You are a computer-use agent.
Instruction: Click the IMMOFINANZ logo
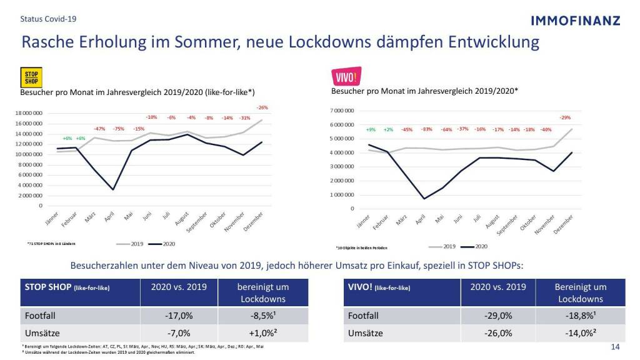click(575, 20)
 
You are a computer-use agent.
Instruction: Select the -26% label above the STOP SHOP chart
click(262, 107)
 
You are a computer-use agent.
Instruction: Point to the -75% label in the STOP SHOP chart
click(119, 129)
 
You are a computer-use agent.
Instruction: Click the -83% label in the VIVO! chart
click(427, 129)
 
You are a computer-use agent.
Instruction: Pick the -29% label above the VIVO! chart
click(565, 117)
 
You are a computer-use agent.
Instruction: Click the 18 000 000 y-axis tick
click(29, 113)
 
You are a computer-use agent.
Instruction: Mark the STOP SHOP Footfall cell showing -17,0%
click(176, 316)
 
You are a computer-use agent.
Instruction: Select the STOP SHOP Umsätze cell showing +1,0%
click(263, 332)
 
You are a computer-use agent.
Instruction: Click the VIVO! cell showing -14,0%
click(581, 332)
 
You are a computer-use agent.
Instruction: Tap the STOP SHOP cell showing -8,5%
click(263, 316)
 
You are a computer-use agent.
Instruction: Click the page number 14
click(614, 347)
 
